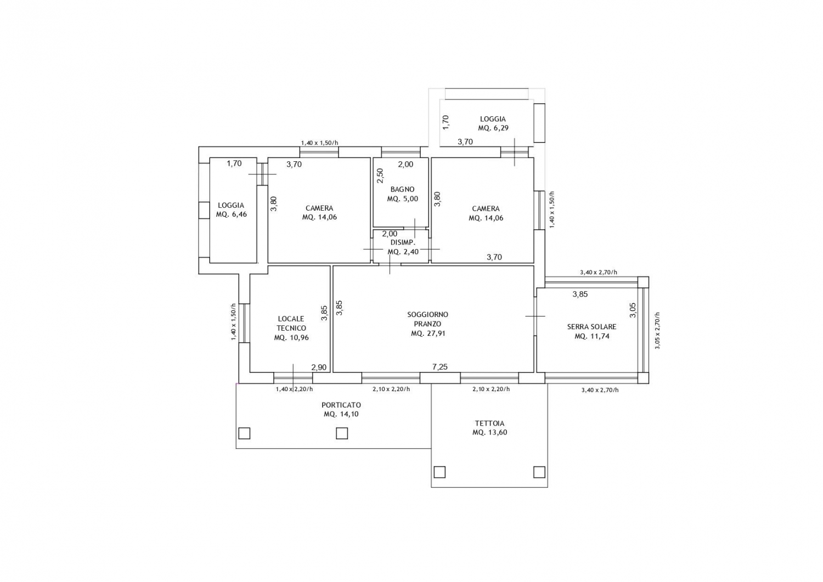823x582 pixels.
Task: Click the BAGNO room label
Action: [402, 190]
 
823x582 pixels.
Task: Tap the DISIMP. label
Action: [403, 242]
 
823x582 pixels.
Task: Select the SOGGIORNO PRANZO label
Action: [427, 319]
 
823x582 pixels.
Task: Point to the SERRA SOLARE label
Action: [591, 326]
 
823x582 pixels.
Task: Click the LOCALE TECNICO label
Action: [291, 323]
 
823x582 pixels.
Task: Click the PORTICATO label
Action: [341, 405]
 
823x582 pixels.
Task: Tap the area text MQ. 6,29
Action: [493, 128]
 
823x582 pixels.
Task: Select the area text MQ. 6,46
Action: [231, 214]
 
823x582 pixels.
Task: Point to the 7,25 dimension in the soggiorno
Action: [440, 366]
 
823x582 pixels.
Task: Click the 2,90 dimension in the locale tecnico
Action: [319, 367]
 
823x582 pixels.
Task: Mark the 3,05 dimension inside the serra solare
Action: [633, 310]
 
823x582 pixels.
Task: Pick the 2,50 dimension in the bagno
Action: [380, 176]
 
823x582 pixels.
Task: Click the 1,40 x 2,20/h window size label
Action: [294, 389]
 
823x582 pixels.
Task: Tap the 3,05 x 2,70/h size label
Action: [657, 330]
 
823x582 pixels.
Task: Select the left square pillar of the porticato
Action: [244, 433]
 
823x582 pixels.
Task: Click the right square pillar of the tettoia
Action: [539, 472]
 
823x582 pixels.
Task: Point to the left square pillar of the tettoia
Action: [439, 472]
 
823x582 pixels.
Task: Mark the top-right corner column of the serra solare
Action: [643, 282]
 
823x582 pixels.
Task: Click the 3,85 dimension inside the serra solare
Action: [580, 294]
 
